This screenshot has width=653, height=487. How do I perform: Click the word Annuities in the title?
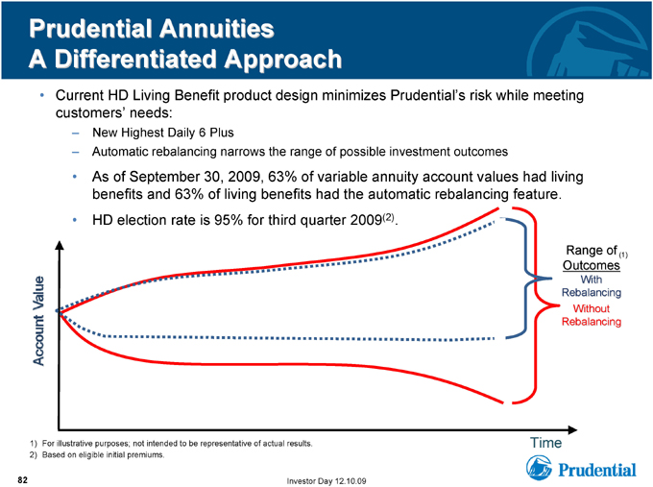pyautogui.click(x=217, y=29)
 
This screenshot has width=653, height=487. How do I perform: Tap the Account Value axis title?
pyautogui.click(x=38, y=321)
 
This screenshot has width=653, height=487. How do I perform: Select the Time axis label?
pyautogui.click(x=545, y=443)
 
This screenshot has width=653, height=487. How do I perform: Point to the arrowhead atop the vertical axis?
pyautogui.click(x=60, y=245)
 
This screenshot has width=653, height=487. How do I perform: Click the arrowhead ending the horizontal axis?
pyautogui.click(x=572, y=429)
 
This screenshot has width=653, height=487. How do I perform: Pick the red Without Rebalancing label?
pyautogui.click(x=592, y=315)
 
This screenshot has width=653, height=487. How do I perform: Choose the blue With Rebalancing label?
pyautogui.click(x=592, y=286)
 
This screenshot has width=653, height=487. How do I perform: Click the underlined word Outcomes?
pyautogui.click(x=592, y=265)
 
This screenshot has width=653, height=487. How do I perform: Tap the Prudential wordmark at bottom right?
pyautogui.click(x=596, y=470)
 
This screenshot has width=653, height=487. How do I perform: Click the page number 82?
pyautogui.click(x=22, y=480)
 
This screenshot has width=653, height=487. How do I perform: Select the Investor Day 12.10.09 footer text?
pyautogui.click(x=326, y=481)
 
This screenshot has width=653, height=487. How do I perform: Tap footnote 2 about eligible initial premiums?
pyautogui.click(x=97, y=455)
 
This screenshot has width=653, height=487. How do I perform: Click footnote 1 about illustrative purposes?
pyautogui.click(x=171, y=444)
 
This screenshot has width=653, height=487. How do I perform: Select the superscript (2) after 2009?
pyautogui.click(x=388, y=217)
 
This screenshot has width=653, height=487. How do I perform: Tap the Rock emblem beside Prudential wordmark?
pyautogui.click(x=539, y=468)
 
